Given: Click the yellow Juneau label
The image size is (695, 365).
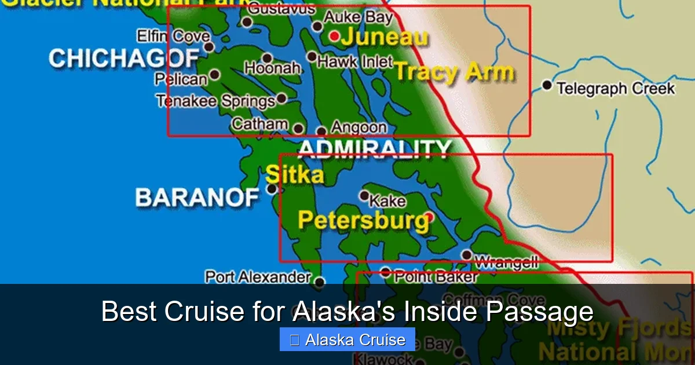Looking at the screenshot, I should pos(384,38).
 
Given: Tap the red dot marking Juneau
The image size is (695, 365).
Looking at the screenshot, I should pos(334,36).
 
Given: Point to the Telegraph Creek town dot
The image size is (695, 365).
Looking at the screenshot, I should pos(547,85).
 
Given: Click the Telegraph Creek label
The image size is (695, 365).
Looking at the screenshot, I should pos(615,89).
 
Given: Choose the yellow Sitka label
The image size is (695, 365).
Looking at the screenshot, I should pos(294,174).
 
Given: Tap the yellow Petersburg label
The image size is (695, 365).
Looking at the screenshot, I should pos(363,220).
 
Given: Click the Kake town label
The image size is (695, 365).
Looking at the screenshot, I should pos(387,201).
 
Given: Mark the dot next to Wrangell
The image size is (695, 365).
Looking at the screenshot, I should pos(466,254).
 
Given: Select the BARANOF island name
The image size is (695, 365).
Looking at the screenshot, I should pos(197,198).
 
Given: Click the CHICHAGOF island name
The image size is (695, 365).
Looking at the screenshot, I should pos(124,58).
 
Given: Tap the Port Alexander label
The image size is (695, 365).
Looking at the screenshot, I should pos(258,277).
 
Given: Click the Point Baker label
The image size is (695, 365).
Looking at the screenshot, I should pos(436,277).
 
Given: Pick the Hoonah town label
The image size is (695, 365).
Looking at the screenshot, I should pos(272,68).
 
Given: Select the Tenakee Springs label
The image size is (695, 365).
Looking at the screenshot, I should pos(215,101).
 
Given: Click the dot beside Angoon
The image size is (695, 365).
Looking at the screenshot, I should pos(321,132).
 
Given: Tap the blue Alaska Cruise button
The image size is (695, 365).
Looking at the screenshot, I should pos(347,340).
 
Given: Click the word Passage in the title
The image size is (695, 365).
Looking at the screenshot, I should pos(539,312).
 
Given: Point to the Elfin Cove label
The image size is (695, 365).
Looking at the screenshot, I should pos(173,36).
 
